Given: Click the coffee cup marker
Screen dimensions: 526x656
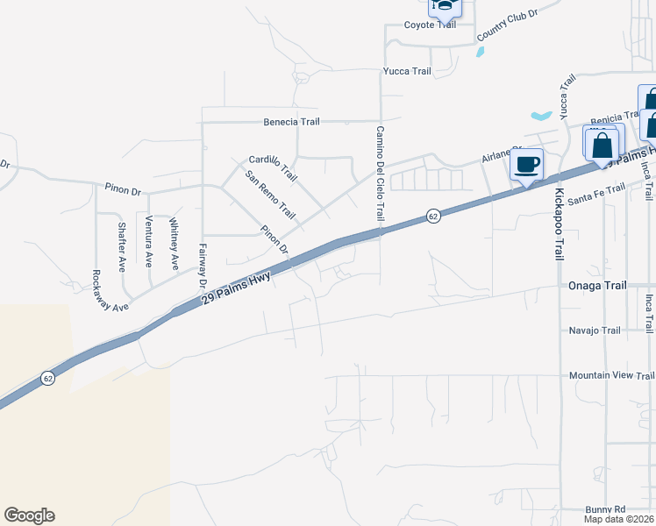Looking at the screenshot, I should click(526, 164).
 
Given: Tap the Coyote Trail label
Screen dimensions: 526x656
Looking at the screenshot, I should click(430, 25).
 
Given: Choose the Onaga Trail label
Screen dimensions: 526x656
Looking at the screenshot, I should click(597, 286).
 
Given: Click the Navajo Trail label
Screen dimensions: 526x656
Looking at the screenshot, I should click(595, 331).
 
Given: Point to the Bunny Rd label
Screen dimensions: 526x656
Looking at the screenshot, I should click(606, 509).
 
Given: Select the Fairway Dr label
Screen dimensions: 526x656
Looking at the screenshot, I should click(202, 267).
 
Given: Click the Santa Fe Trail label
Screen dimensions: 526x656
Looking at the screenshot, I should click(595, 195).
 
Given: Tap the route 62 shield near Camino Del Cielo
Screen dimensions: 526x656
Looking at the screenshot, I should click(433, 216).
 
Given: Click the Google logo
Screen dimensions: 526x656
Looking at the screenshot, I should click(29, 515).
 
